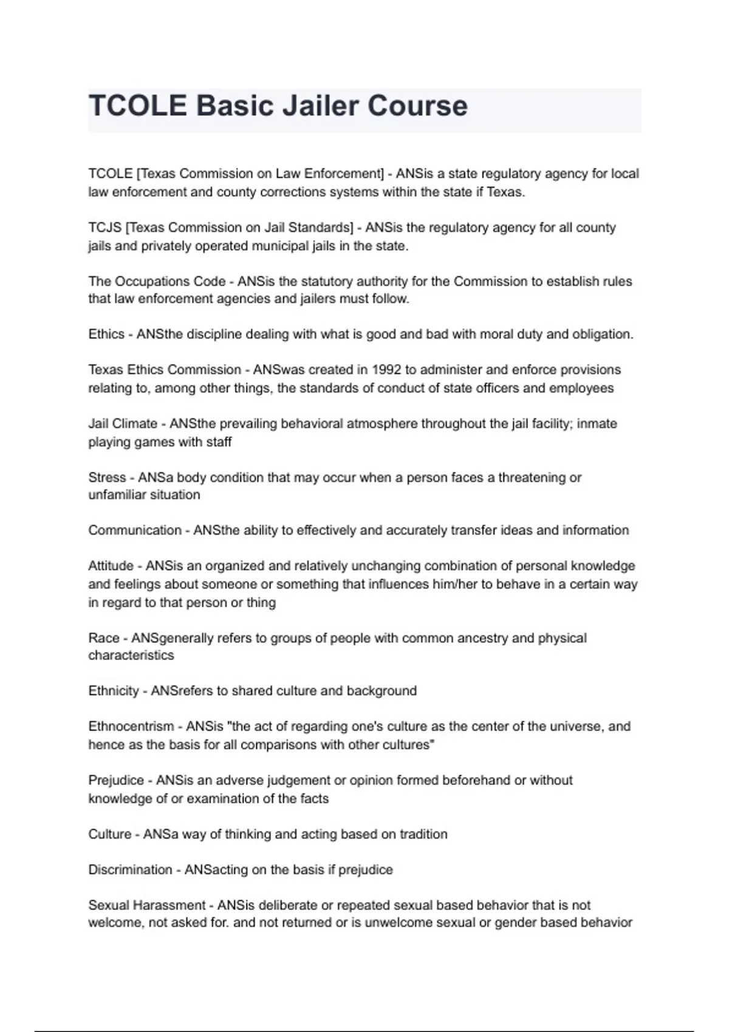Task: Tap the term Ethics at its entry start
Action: [106, 334]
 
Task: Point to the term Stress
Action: [107, 478]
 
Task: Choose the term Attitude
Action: [111, 566]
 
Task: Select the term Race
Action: [104, 638]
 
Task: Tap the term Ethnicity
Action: [114, 691]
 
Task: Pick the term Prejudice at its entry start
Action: [116, 780]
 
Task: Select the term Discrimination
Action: [130, 870]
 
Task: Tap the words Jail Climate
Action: [123, 424]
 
